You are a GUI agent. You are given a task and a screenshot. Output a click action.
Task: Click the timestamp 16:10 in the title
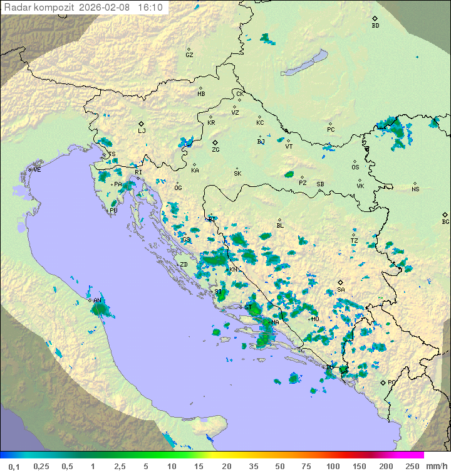click(x=150, y=8)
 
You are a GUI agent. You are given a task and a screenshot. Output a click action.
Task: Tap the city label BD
click(x=375, y=26)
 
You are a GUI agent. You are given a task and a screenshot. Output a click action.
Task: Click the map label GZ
click(x=189, y=55)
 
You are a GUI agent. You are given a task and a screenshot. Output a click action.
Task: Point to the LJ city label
click(x=142, y=131)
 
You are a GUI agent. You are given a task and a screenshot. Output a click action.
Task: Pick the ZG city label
click(x=215, y=150)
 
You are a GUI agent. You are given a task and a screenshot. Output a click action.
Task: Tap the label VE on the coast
click(x=37, y=170)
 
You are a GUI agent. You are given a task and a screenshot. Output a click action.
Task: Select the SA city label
click(x=341, y=290)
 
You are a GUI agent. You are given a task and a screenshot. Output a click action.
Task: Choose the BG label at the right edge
click(x=445, y=221)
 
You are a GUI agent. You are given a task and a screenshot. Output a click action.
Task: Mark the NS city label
click(x=415, y=189)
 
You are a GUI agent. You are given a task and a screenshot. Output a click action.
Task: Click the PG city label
click(x=391, y=382)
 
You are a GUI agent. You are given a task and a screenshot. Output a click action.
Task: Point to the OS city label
click(x=355, y=167)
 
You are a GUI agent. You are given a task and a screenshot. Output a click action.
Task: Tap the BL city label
click(x=280, y=226)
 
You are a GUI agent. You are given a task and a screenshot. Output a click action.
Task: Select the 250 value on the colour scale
click(x=412, y=466)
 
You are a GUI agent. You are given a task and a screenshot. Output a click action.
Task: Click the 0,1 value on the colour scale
click(x=14, y=466)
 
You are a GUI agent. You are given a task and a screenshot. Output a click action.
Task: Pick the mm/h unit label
click(x=435, y=466)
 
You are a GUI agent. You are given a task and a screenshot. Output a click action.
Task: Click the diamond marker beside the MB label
click(x=200, y=88)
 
